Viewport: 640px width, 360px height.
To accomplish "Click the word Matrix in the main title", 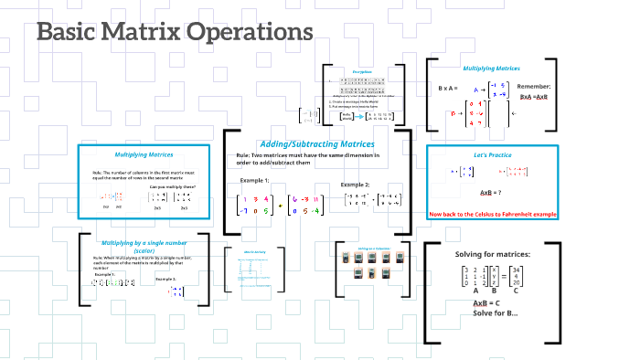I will click(x=140, y=32).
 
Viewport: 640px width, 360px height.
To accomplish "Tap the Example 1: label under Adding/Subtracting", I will click(x=256, y=180).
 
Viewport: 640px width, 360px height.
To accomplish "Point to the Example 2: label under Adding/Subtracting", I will click(x=356, y=185).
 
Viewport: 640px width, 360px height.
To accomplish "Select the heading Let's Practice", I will click(x=492, y=154).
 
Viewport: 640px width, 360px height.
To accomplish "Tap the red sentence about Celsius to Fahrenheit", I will click(x=492, y=214).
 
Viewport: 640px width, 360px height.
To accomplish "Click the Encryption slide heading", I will click(x=362, y=71).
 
